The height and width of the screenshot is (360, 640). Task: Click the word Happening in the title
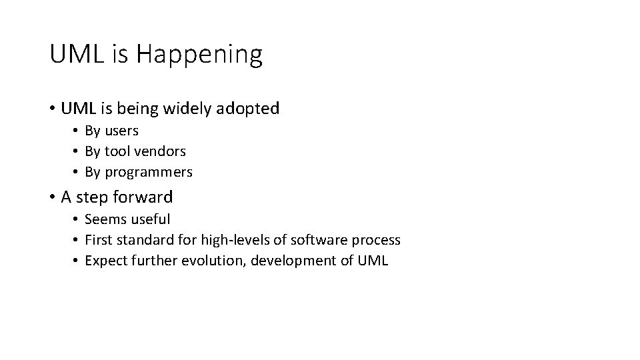pos(199,55)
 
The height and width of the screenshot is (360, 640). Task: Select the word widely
pos(189,108)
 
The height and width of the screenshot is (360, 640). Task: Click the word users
pos(121,131)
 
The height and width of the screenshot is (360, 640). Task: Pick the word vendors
pos(162,151)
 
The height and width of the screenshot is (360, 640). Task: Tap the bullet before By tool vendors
pos(77,152)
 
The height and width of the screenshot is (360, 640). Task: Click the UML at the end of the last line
pos(372,260)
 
